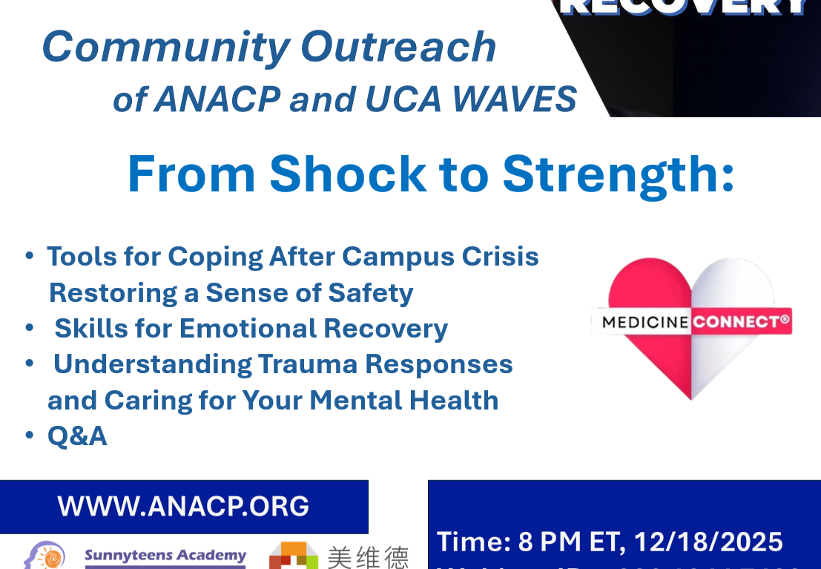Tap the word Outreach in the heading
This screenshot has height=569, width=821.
pos(398,47)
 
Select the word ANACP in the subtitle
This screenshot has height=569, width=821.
pos(216,99)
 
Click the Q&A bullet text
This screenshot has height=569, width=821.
pos(77,436)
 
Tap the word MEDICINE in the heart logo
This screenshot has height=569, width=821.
pos(646,322)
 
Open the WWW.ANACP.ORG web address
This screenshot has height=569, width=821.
pos(183,506)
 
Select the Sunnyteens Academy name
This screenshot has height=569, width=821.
pos(165,556)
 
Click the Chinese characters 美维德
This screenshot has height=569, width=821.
pos(368,557)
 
